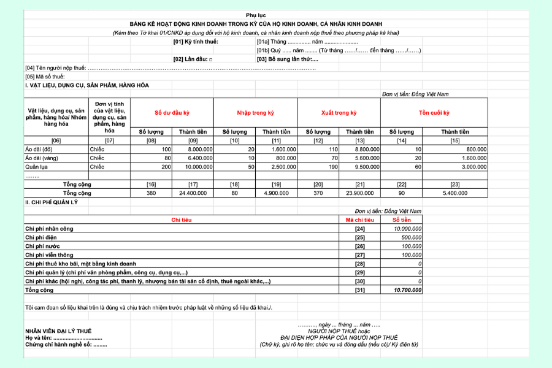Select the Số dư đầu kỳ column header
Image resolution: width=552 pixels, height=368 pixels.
click(172, 113)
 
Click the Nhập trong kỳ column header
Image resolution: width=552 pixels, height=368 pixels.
click(255, 113)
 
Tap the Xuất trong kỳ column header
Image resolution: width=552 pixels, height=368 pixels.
click(339, 113)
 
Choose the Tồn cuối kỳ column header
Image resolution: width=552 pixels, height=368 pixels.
click(434, 113)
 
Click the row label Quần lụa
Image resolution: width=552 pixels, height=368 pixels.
click(37, 167)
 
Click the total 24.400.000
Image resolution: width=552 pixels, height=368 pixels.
click(193, 193)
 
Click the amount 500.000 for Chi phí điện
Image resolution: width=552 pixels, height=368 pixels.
click(411, 237)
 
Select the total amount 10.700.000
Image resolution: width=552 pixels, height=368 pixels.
click(408, 290)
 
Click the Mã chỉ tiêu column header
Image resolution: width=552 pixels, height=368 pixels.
click(359, 220)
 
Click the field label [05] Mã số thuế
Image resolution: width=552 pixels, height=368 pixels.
click(45, 77)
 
